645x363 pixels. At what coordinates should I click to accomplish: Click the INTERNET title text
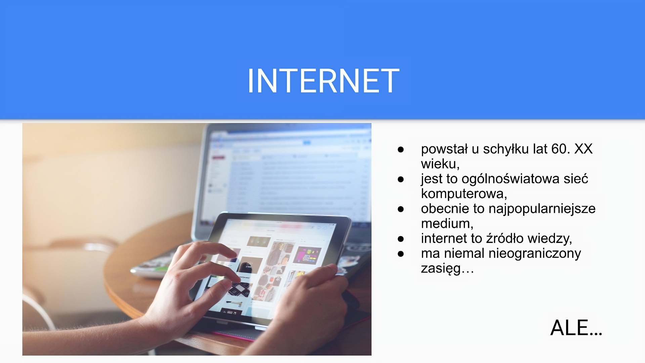[323, 81]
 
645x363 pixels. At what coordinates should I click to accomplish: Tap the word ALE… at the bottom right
[576, 328]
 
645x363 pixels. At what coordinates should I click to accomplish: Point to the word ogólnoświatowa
[511, 179]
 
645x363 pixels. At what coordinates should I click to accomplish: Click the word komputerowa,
[464, 194]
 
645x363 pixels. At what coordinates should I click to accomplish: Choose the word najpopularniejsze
[542, 209]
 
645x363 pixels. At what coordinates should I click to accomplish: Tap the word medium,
[447, 224]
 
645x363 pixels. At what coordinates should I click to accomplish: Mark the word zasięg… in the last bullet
[447, 268]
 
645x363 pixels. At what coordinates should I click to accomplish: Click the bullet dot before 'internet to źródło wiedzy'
[400, 239]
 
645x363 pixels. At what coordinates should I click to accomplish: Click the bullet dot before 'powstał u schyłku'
[400, 150]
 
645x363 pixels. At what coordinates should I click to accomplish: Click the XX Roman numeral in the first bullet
[583, 149]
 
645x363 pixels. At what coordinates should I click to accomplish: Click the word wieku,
[440, 164]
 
